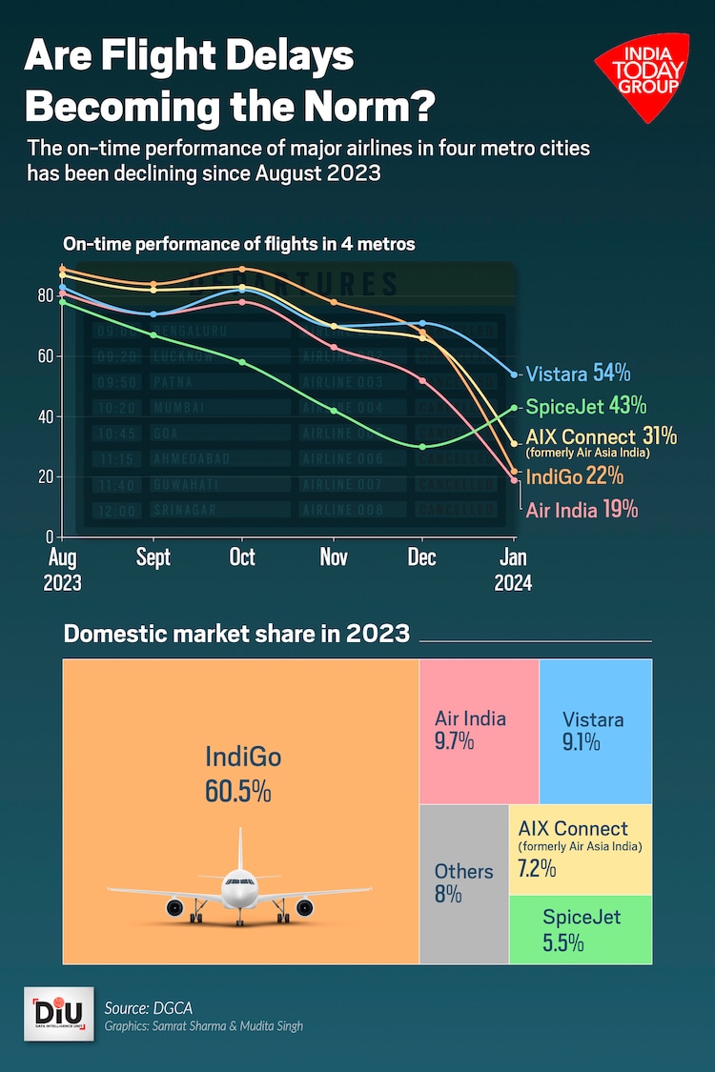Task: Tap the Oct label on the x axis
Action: pos(242,557)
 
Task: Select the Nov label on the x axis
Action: pos(334,557)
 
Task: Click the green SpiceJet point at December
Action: pos(423,446)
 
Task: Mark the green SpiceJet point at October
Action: pos(242,362)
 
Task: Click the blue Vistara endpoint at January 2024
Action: pos(515,374)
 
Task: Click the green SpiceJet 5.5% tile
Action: pos(581,930)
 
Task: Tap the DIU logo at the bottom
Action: pos(58,1013)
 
